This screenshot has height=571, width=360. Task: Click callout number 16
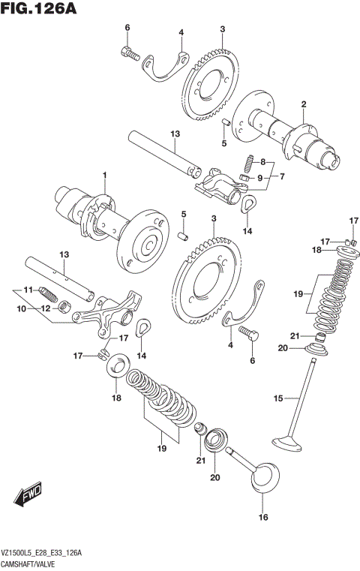[x=262, y=517]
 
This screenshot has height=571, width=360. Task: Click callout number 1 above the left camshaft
[x=105, y=176]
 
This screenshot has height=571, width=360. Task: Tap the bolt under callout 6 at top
[x=129, y=53]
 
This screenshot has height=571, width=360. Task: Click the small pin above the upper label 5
[x=224, y=121]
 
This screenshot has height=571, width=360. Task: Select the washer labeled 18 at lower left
[x=117, y=366]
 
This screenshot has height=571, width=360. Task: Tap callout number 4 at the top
[x=181, y=32]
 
